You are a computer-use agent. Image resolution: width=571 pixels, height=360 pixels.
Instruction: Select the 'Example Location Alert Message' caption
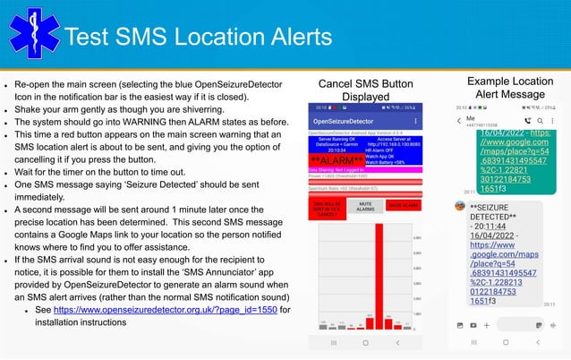tap(509, 87)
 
